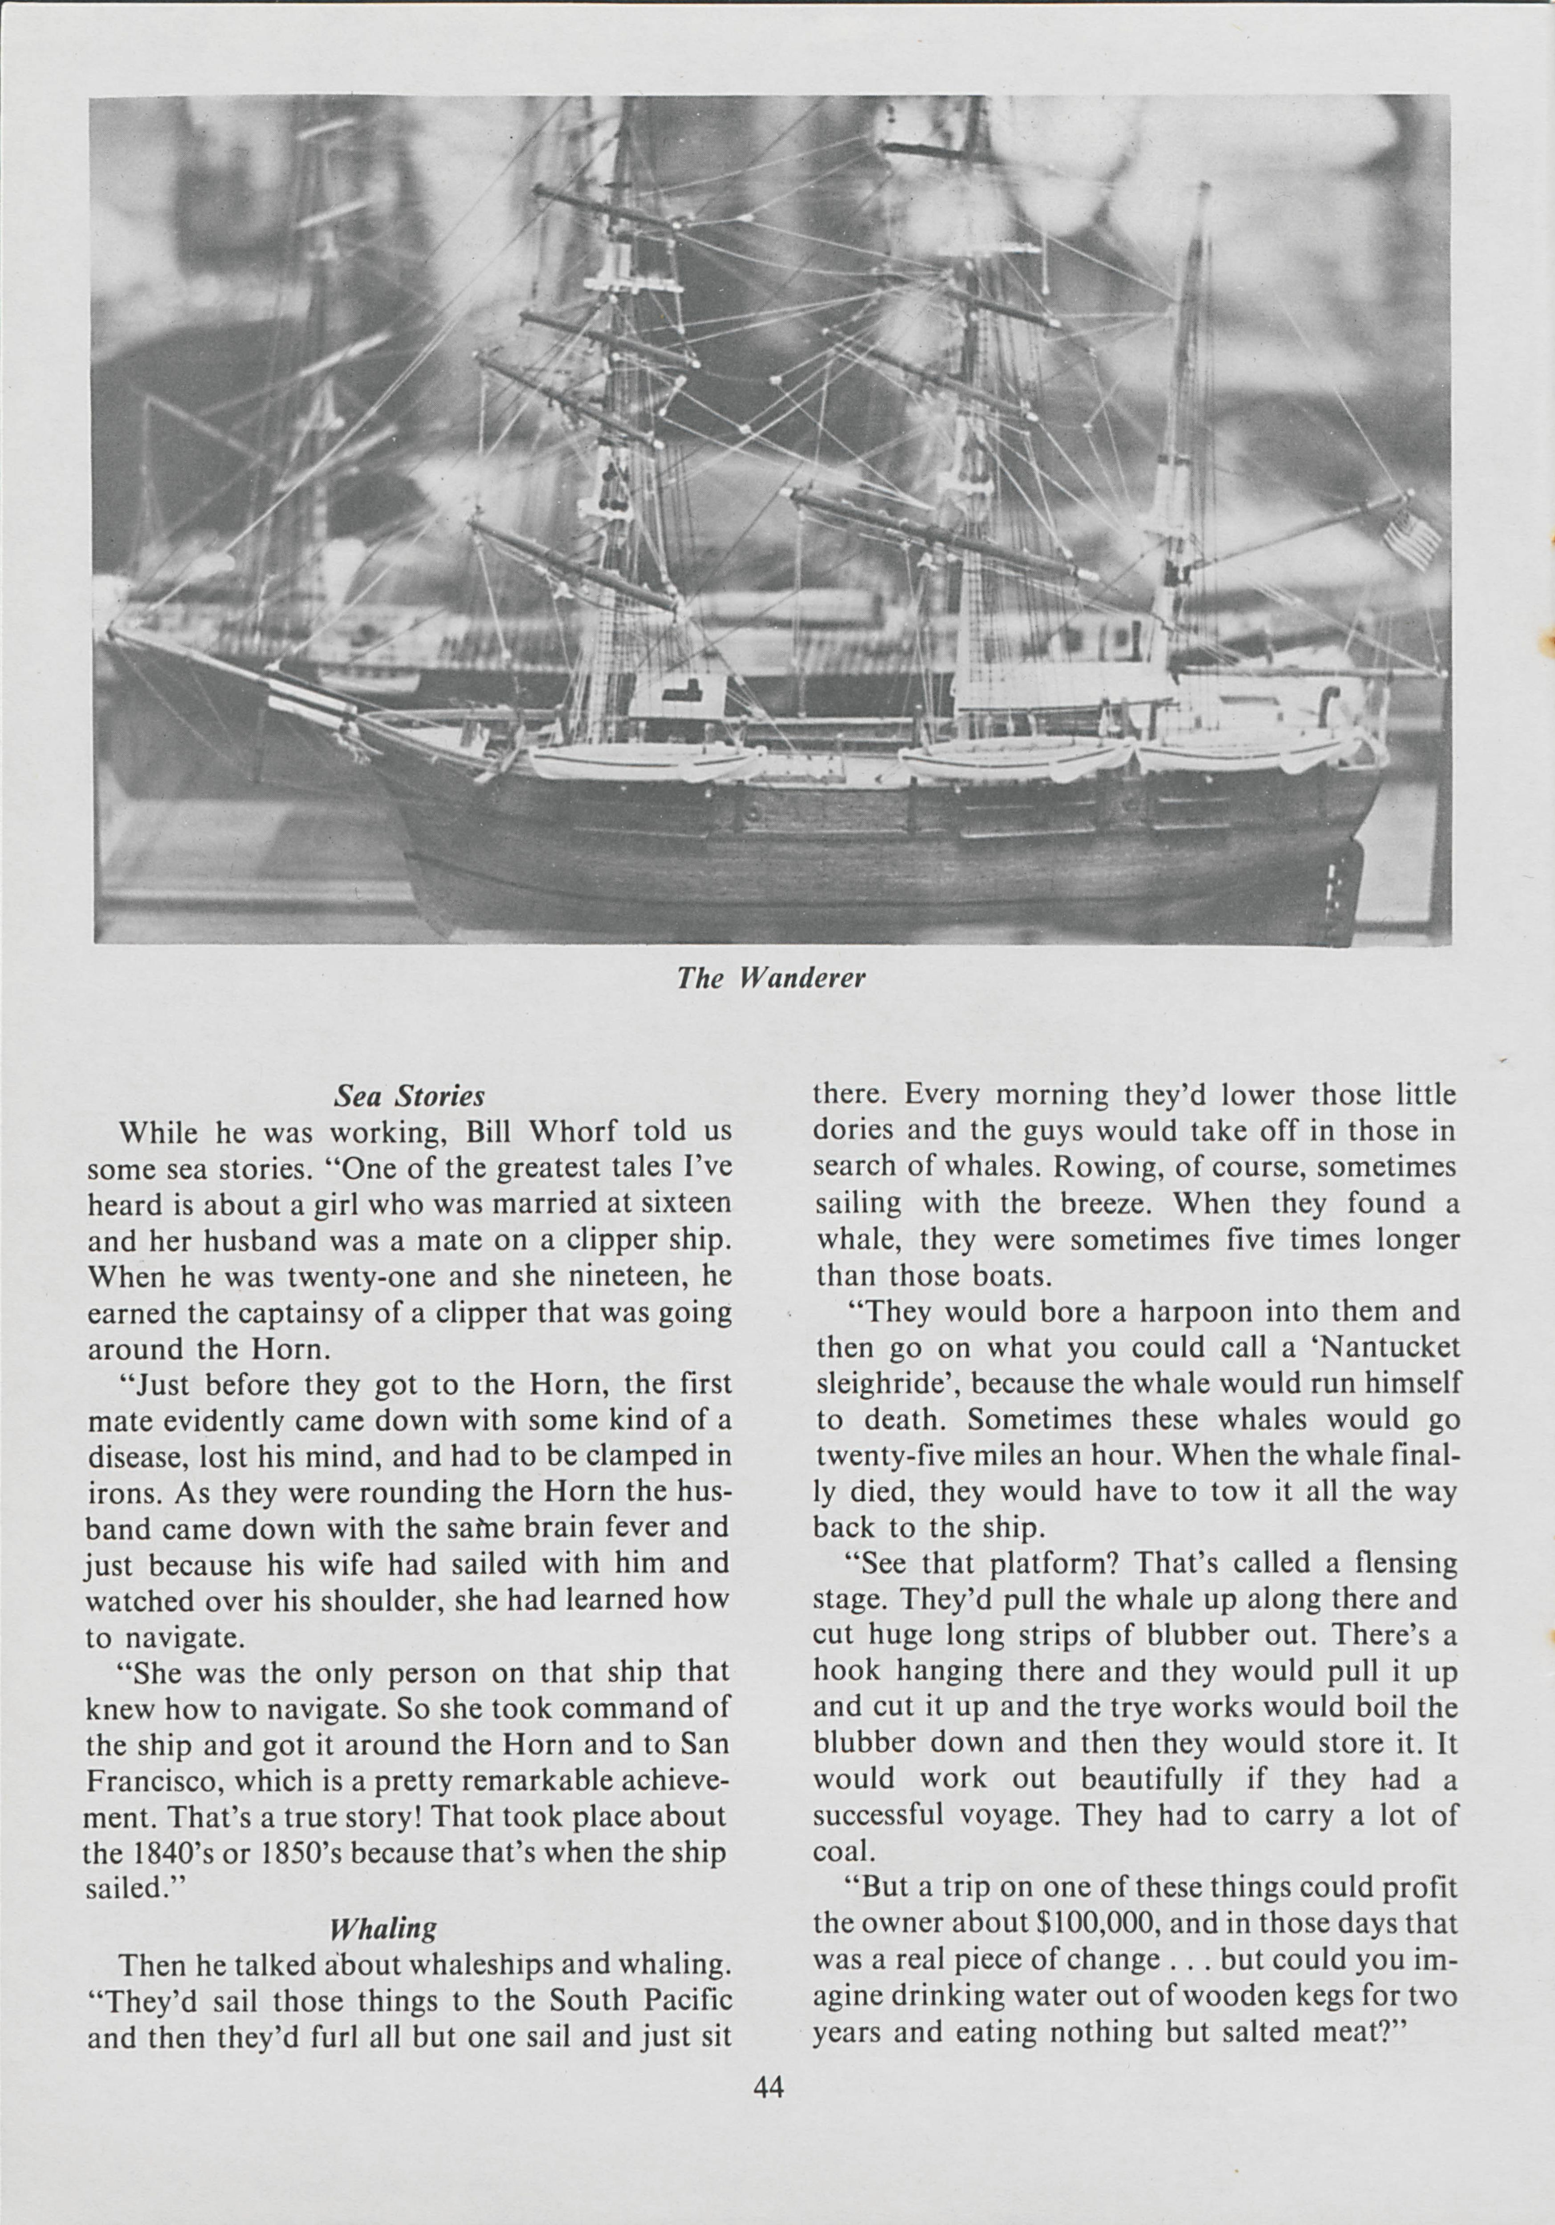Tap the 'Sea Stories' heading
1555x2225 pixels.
coord(408,1096)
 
